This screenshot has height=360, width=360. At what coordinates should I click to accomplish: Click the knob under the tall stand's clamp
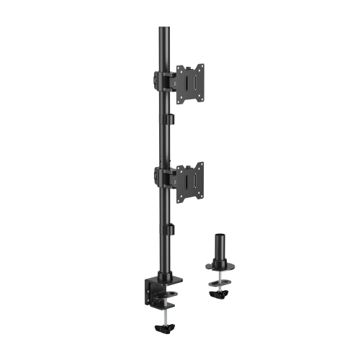pyautogui.click(x=164, y=327)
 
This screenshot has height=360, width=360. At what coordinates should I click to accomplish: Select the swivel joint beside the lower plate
pyautogui.click(x=173, y=176)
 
